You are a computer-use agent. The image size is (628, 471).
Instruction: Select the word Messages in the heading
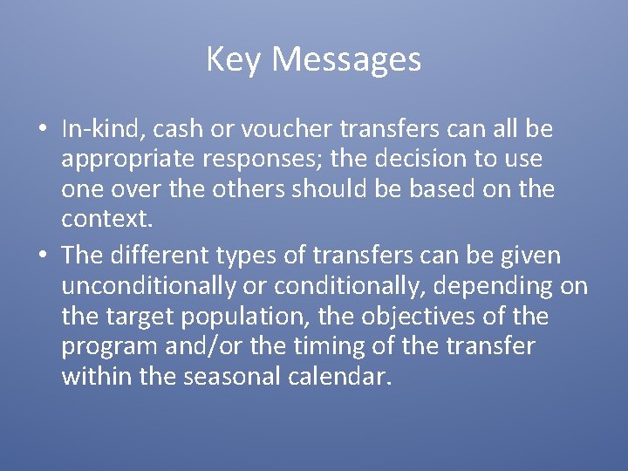pyautogui.click(x=346, y=60)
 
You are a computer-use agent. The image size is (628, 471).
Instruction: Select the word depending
pyautogui.click(x=500, y=286)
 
